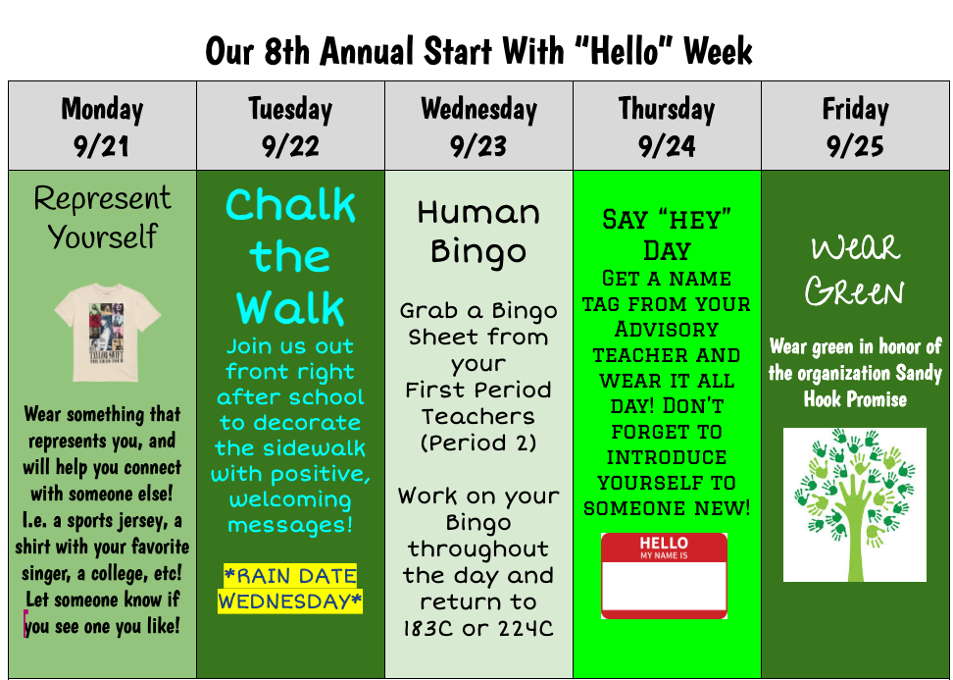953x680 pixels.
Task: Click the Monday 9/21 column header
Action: coord(102,126)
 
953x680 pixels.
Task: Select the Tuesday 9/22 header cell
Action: coord(290,126)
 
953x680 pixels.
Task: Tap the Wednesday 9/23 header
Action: coord(478,126)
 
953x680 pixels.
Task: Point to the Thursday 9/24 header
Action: coord(667,126)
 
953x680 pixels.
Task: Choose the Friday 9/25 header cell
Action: coord(855,126)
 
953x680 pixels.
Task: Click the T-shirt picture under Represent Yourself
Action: coord(107,332)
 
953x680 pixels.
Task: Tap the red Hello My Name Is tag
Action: coord(665,575)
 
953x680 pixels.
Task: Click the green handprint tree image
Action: coord(855,504)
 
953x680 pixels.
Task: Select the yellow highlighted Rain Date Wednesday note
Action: coord(290,588)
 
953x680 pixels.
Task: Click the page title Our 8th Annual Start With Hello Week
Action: coord(478,50)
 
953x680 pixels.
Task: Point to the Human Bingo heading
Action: coord(478,232)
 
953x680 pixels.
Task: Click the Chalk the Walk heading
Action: coord(290,256)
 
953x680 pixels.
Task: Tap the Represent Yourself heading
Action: coord(102,217)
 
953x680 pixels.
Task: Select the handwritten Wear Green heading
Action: coord(855,270)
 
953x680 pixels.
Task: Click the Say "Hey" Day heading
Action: coord(667,235)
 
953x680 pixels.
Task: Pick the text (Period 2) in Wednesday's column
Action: coord(478,443)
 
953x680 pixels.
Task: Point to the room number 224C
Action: coord(526,628)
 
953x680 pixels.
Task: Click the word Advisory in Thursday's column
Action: coord(667,329)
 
